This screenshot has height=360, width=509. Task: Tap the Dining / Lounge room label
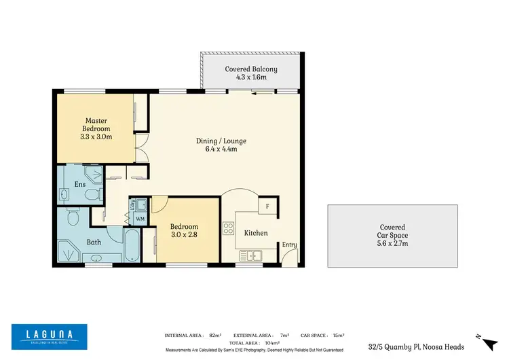(x=221, y=145)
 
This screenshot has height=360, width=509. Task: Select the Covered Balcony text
(x=251, y=73)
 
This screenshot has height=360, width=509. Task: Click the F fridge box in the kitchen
(x=267, y=206)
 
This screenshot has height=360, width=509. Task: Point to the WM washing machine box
(x=140, y=218)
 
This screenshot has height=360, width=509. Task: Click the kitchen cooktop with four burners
(x=229, y=226)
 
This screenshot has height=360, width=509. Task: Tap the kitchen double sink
(x=255, y=256)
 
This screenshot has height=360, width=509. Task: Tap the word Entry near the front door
(x=289, y=245)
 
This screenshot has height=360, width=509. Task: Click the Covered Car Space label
(x=392, y=235)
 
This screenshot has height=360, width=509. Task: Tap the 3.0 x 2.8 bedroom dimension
(x=184, y=235)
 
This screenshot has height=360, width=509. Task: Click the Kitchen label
(x=256, y=233)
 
